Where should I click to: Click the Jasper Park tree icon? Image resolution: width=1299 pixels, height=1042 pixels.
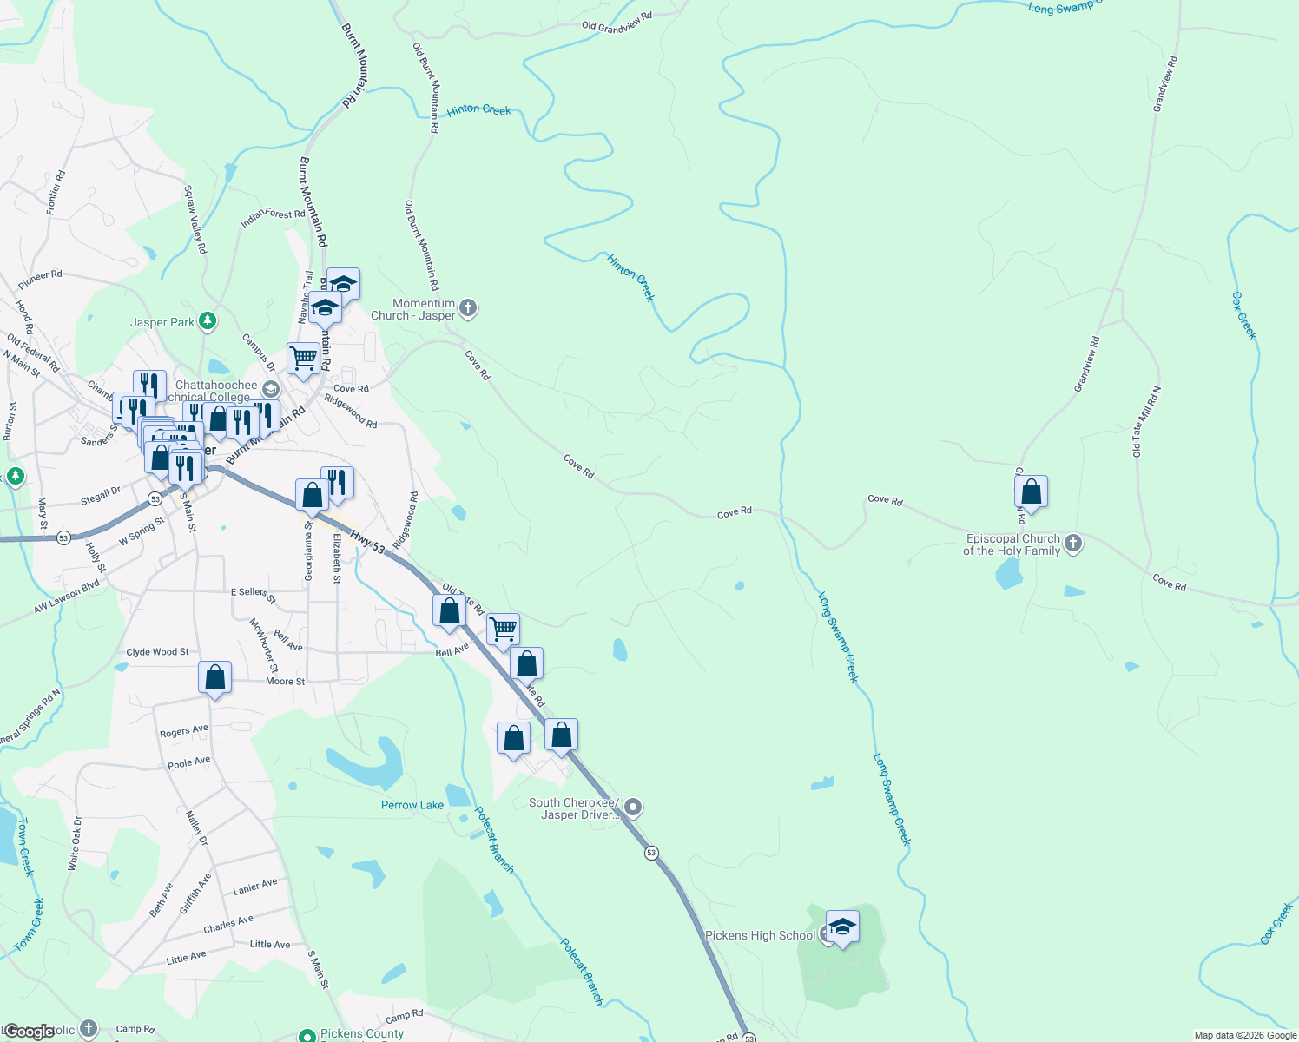tap(207, 322)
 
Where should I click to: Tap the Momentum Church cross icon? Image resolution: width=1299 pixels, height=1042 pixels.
tap(468, 308)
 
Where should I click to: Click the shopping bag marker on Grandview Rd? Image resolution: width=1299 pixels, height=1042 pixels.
tap(1031, 492)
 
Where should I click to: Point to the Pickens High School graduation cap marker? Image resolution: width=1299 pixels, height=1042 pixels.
tap(841, 927)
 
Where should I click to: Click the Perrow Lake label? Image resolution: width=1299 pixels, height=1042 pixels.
tap(412, 805)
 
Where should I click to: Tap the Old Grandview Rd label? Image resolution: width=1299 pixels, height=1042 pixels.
tap(617, 23)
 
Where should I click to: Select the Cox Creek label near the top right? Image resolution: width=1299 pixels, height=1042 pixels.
tap(1244, 315)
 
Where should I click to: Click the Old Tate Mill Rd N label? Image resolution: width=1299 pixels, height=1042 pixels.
tap(1145, 422)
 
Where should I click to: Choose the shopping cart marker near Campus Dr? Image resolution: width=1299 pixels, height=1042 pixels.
tap(303, 358)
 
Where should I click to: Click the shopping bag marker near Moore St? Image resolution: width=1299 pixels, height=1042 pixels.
tap(214, 677)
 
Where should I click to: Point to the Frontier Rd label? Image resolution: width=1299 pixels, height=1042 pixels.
tap(56, 193)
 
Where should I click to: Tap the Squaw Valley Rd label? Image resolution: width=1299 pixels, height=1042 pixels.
tap(195, 219)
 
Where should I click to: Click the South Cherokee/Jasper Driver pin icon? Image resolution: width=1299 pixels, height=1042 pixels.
tap(634, 808)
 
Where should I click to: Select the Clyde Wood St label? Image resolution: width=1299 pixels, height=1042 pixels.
tap(157, 652)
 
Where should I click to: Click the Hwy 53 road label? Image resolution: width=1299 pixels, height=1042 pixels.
tap(368, 543)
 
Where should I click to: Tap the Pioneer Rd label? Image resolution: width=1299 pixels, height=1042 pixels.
tap(40, 280)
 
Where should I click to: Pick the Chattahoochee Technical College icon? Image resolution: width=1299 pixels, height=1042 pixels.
tap(270, 390)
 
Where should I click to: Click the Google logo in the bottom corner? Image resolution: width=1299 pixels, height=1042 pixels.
tap(30, 1032)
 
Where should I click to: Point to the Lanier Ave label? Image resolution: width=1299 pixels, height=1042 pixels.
tap(255, 887)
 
